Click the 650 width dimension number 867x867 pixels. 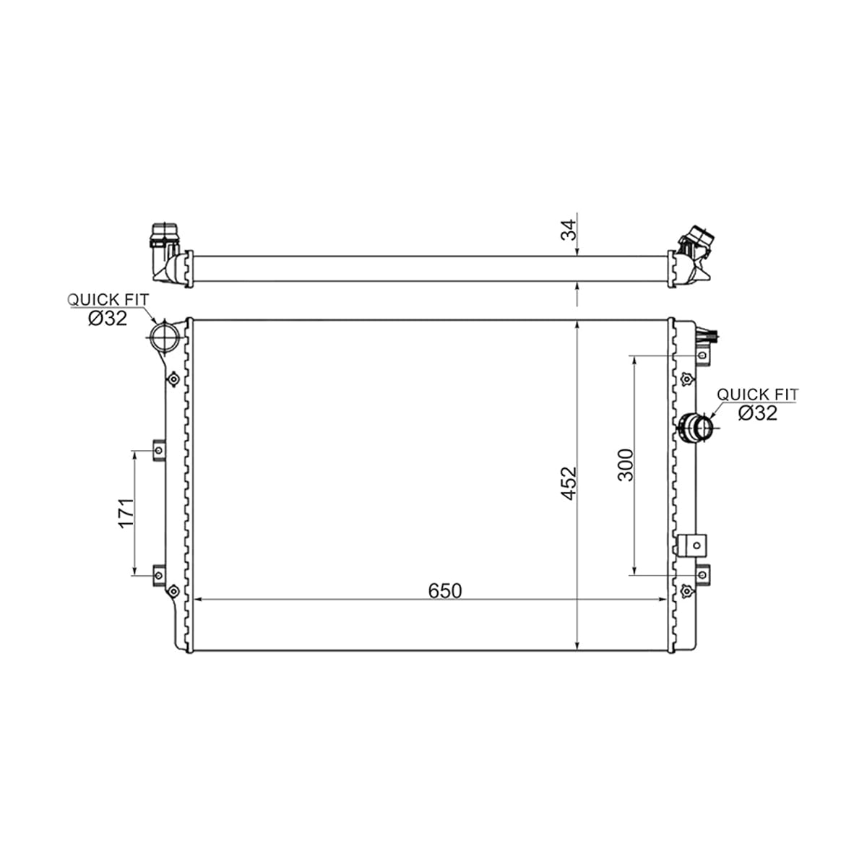coord(445,591)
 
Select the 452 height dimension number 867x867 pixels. coord(569,483)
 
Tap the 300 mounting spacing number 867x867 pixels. coord(626,465)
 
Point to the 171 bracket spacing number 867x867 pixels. coord(126,512)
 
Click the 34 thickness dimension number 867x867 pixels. coord(569,230)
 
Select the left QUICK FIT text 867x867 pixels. coord(108,300)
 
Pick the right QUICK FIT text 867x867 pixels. coord(758,394)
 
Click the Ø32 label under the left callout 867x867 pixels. coord(108,319)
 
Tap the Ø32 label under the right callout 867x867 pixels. coord(758,413)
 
